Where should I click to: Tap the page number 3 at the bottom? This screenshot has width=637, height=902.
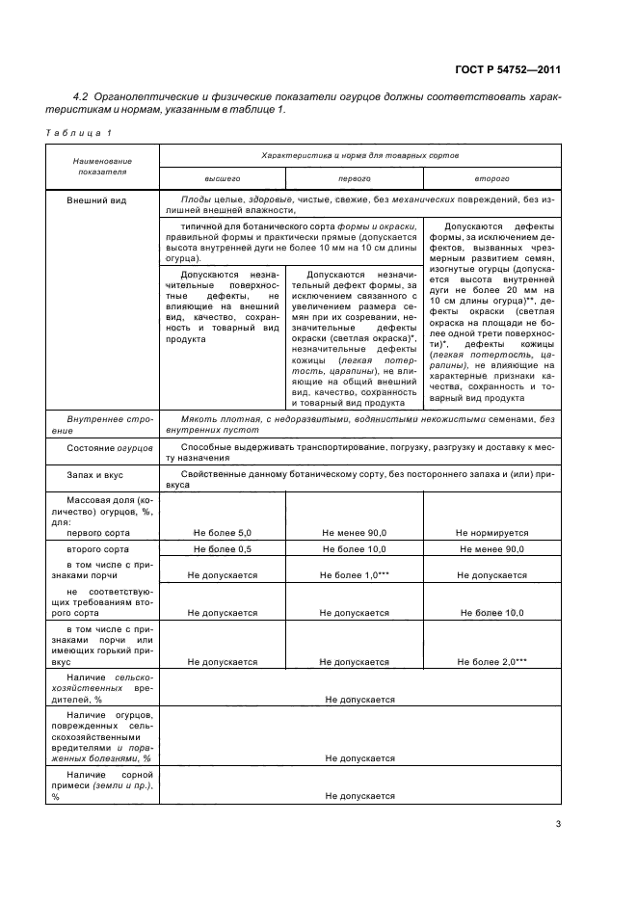pyautogui.click(x=559, y=824)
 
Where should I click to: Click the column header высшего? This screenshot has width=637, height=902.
pyautogui.click(x=222, y=178)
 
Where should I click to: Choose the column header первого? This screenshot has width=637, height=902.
pyautogui.click(x=354, y=178)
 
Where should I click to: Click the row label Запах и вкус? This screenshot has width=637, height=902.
pyautogui.click(x=95, y=475)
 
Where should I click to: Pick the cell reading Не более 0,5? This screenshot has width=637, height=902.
pyautogui.click(x=222, y=549)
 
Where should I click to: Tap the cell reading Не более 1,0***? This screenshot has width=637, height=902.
pyautogui.click(x=354, y=575)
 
